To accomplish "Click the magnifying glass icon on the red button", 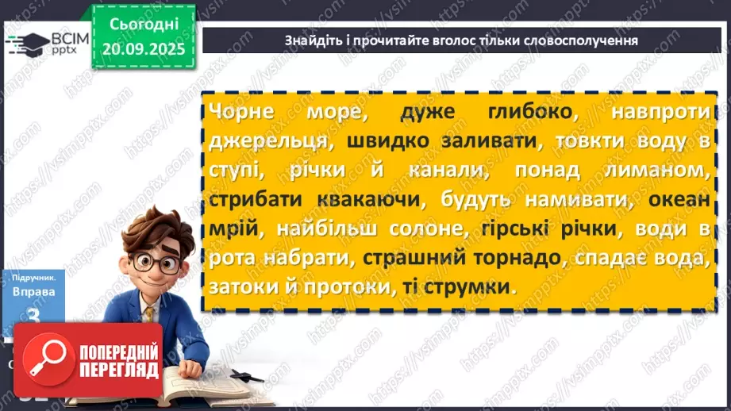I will [43, 359].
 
